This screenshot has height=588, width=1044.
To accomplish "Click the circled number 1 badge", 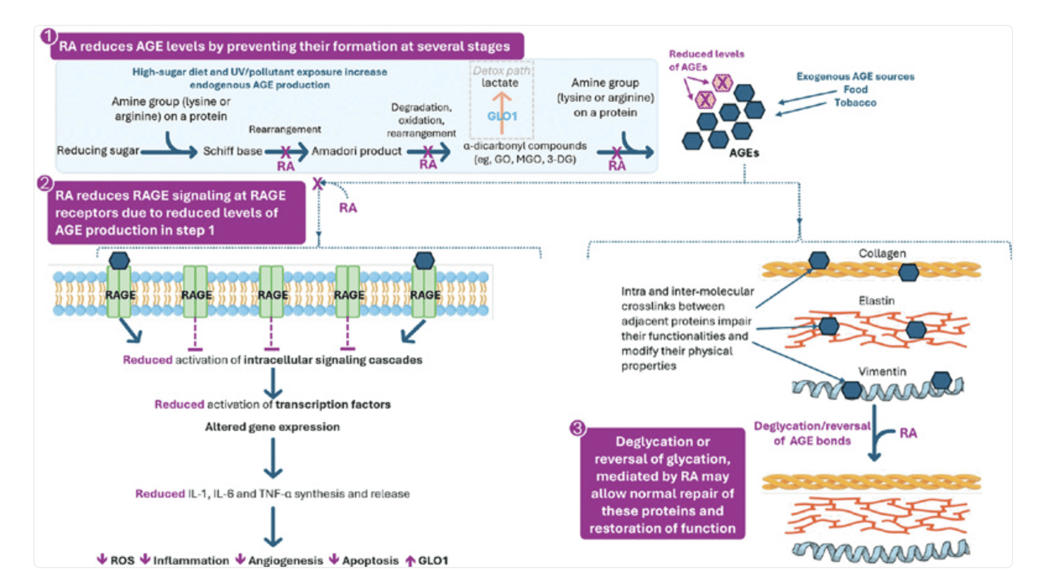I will click(49, 36).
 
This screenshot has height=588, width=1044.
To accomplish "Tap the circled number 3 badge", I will click(577, 428).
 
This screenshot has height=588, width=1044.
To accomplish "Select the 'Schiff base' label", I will click(233, 151).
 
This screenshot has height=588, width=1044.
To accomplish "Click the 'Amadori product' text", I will click(356, 151).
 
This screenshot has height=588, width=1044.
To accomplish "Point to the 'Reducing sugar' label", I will click(98, 150).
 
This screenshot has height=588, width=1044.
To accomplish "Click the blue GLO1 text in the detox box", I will click(502, 116).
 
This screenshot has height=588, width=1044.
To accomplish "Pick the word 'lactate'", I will click(500, 83).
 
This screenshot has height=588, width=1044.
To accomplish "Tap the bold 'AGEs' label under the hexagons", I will click(743, 153).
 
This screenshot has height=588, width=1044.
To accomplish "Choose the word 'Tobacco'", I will click(855, 103).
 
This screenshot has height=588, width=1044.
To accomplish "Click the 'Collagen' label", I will click(882, 254).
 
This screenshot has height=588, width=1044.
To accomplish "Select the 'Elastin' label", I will click(876, 301).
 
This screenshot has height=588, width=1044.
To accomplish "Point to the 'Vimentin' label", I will click(882, 371).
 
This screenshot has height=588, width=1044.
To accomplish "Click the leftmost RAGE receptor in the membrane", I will click(119, 294).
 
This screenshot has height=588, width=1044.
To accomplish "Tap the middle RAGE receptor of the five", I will click(272, 294).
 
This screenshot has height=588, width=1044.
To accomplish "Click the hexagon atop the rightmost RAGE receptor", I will click(424, 261).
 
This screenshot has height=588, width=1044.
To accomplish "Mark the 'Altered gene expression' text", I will click(272, 427).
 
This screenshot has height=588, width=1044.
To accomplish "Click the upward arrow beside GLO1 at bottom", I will click(410, 561).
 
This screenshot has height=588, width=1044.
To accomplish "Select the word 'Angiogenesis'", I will click(285, 561).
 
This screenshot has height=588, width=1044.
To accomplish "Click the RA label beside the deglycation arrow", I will click(908, 433).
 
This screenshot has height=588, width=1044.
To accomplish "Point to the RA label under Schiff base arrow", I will click(285, 166).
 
